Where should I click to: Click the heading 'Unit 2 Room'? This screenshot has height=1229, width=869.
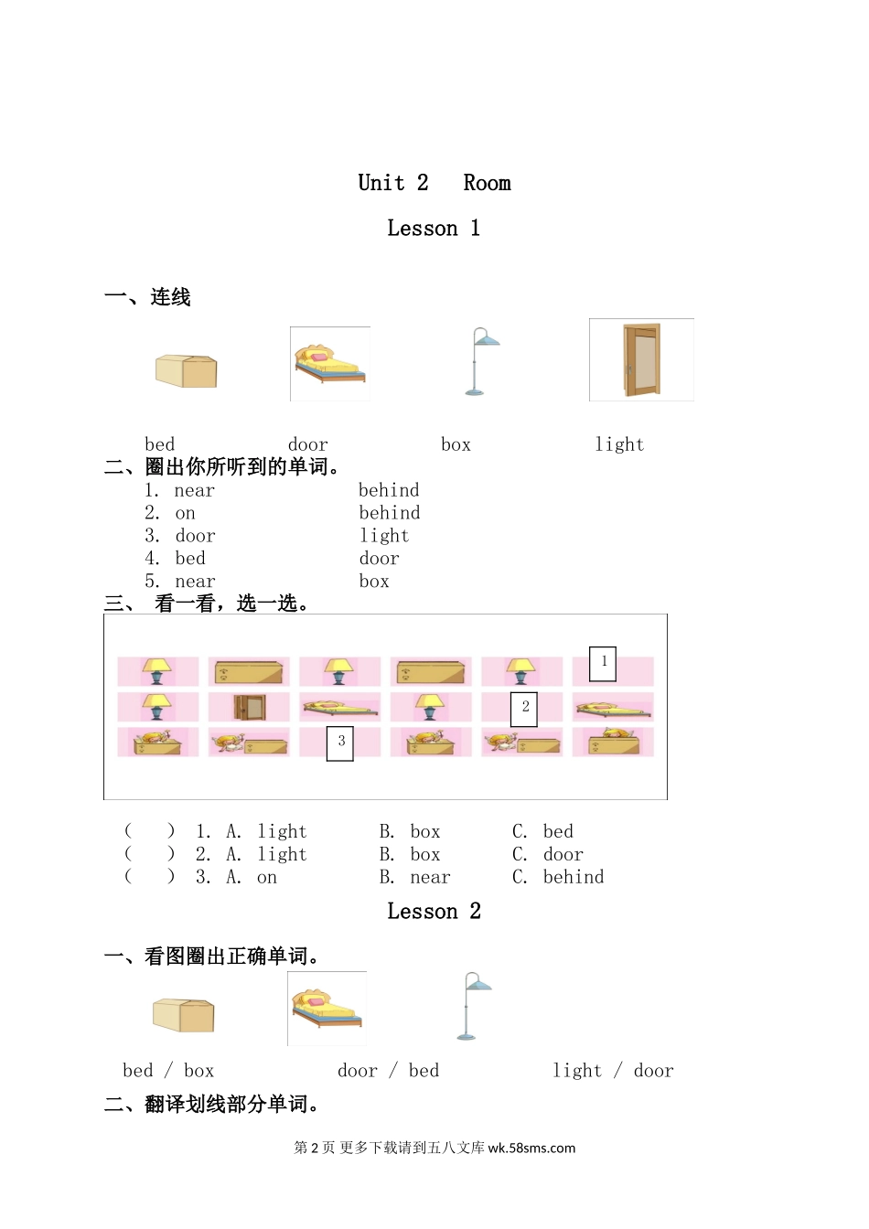434,183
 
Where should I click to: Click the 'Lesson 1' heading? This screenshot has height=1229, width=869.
434,229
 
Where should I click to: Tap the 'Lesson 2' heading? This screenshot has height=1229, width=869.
434,912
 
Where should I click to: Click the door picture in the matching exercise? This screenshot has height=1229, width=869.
641,359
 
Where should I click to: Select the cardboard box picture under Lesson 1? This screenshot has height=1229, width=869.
187,370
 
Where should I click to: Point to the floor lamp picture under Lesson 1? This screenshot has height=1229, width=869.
479,361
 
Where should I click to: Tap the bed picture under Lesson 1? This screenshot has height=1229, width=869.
330,364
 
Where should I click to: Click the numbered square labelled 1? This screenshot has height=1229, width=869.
603,663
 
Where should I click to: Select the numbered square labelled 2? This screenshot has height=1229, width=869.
523,708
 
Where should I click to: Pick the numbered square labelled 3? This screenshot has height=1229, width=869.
340,743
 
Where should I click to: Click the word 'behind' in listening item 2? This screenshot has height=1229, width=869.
390,513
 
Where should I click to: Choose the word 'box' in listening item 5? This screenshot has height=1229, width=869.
374,582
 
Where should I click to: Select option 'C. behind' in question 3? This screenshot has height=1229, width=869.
558,878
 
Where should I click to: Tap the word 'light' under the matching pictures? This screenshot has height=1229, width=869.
619,445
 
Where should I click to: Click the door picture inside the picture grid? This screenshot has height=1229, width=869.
249,707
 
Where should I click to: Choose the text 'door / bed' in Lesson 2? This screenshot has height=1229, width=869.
388,1071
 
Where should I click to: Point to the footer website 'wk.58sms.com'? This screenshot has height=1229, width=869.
531,1149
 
